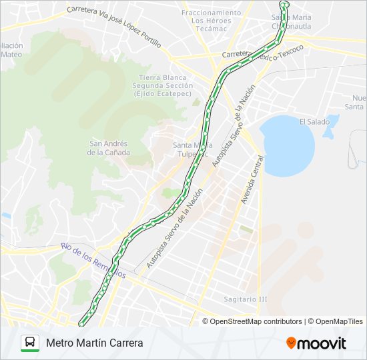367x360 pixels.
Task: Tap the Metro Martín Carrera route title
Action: pyautogui.click(x=95, y=343)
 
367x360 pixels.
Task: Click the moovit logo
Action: pyautogui.click(x=316, y=343)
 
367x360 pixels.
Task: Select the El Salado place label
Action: pyautogui.click(x=314, y=121)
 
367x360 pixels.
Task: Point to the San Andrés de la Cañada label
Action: pyautogui.click(x=109, y=147)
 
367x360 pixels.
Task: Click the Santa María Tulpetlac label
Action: pyautogui.click(x=193, y=149)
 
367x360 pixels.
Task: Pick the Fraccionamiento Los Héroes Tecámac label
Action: pyautogui.click(x=216, y=21)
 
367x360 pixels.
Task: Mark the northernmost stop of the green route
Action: pyautogui.click(x=286, y=5)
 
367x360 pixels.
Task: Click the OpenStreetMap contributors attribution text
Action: pyautogui.click(x=256, y=321)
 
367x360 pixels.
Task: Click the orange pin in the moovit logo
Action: pyautogui.click(x=292, y=343)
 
